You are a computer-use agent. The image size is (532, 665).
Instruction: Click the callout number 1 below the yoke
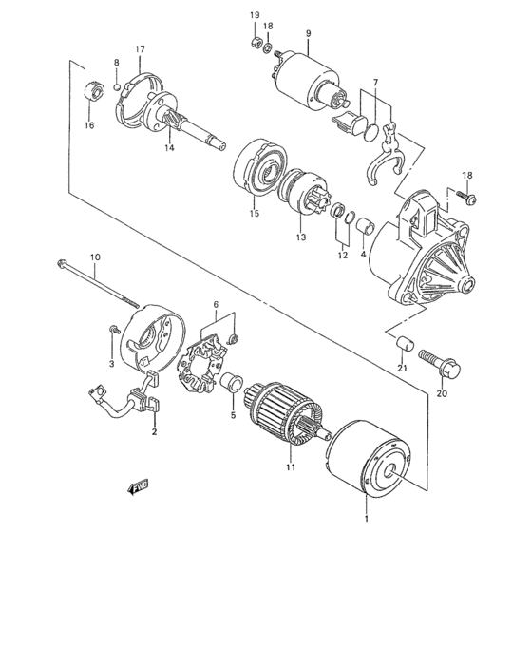(367, 520)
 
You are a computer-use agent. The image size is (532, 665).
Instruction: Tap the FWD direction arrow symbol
(139, 488)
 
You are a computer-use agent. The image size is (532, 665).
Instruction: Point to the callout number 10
(94, 256)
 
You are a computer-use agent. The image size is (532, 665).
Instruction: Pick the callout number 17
(139, 48)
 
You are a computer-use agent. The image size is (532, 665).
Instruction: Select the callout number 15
(254, 214)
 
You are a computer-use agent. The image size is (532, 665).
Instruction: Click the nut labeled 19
(254, 43)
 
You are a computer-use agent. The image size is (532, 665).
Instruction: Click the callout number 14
(169, 147)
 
